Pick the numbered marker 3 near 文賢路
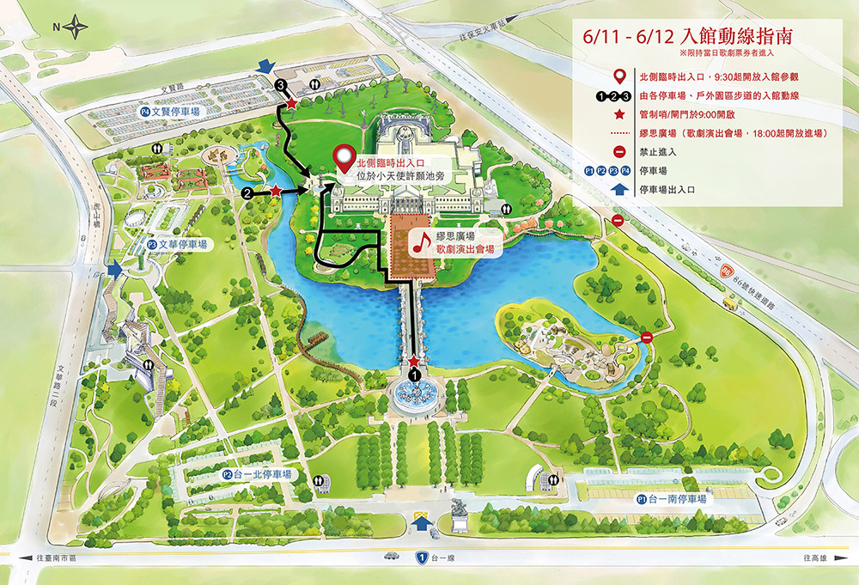pos(281,86)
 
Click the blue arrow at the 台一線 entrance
pos(421,522)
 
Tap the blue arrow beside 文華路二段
pos(116,271)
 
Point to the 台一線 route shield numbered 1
pos(422,558)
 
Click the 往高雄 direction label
pos(815,558)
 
